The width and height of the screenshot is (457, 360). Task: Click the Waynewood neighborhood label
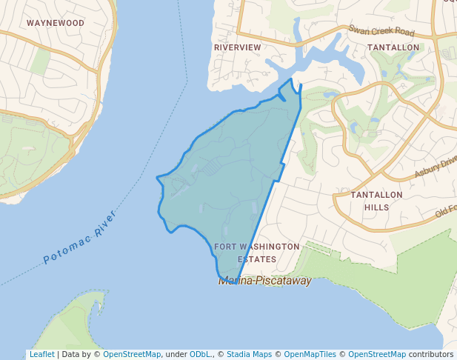point(56,23)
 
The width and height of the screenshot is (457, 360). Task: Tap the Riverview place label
point(238,47)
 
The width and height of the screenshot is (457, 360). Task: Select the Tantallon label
point(393,47)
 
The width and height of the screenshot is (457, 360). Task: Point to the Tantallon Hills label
point(376,201)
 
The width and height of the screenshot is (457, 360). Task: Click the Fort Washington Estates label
point(257,253)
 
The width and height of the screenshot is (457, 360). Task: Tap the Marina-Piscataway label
point(264,281)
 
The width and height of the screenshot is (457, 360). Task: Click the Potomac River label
point(80,238)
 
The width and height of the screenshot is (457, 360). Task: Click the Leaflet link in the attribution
point(41,355)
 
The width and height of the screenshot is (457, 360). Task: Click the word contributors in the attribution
point(430,355)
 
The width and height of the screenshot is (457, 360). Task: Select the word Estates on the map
point(257,260)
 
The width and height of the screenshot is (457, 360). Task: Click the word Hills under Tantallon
point(376,207)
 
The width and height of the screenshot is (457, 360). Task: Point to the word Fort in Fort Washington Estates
point(224,247)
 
